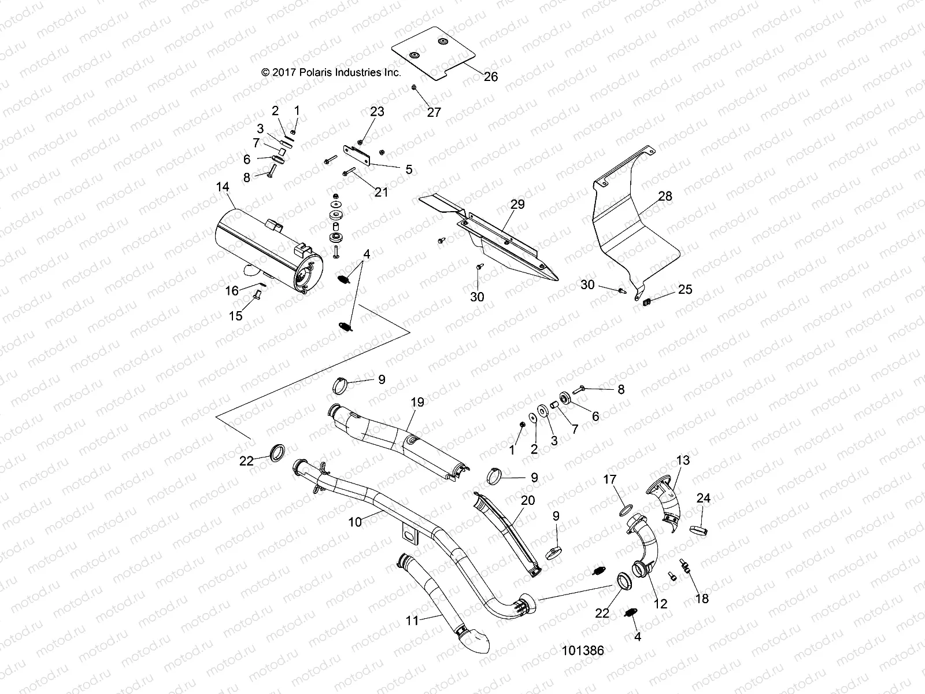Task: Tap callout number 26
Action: pyautogui.click(x=490, y=76)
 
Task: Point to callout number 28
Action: pyautogui.click(x=665, y=197)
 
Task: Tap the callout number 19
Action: pyautogui.click(x=417, y=402)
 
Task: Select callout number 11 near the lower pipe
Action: pyautogui.click(x=411, y=621)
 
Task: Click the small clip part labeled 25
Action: pyautogui.click(x=647, y=300)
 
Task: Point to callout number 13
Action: pyautogui.click(x=683, y=461)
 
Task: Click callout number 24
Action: pyautogui.click(x=703, y=498)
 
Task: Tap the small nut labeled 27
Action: pyautogui.click(x=415, y=87)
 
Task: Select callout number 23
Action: pyautogui.click(x=377, y=112)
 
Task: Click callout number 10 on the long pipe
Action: pyautogui.click(x=355, y=522)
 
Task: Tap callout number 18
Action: pyautogui.click(x=702, y=599)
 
